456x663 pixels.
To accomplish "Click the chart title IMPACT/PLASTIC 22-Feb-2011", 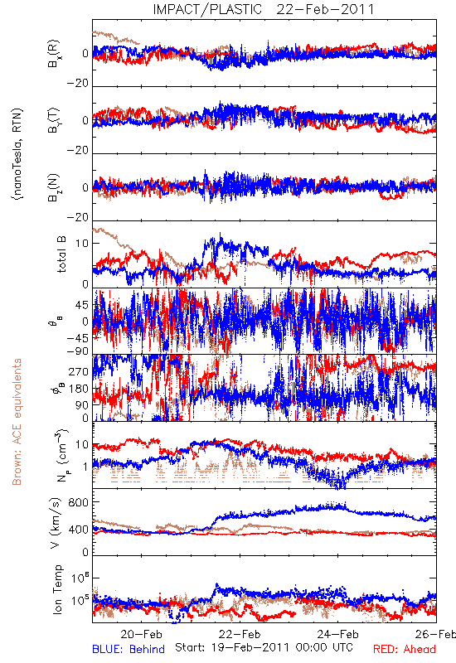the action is (264, 9).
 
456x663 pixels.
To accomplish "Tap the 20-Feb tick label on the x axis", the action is (141, 634).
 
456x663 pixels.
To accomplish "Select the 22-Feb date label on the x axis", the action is (240, 634).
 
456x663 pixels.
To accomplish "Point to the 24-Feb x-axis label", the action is (338, 634).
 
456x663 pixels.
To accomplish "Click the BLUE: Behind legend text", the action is (129, 649).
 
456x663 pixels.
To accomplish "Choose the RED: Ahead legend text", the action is (405, 649).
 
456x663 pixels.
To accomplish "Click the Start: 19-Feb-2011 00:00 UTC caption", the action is (264, 647).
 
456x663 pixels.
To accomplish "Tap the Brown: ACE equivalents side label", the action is (17, 422).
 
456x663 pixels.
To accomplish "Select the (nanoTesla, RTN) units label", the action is (17, 154).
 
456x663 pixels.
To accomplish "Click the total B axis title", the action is (61, 254).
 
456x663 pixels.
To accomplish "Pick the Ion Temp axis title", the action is (57, 589).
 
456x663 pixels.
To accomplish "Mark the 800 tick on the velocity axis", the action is (78, 502).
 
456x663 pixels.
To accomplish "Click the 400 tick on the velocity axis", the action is (78, 530).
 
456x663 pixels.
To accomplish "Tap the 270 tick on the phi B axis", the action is (78, 372).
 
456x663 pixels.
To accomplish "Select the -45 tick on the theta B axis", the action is (77, 338).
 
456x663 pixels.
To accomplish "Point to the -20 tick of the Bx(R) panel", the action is (77, 83).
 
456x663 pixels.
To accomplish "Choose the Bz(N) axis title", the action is (54, 187).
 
